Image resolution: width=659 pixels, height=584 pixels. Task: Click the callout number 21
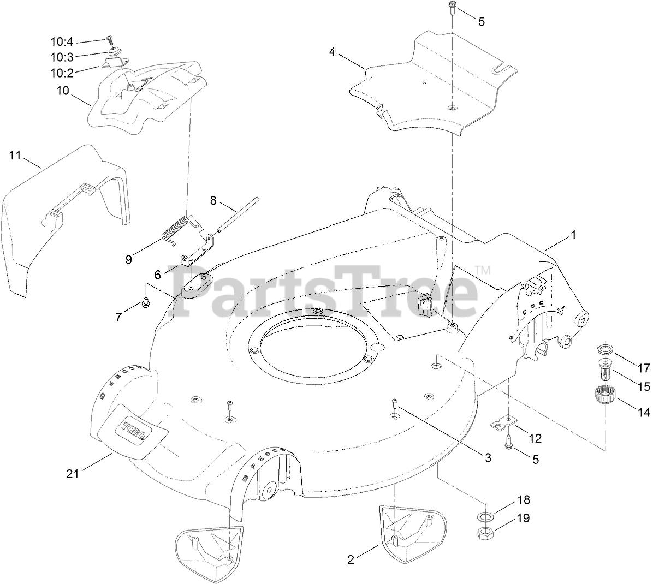73,474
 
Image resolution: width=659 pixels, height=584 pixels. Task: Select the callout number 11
15,156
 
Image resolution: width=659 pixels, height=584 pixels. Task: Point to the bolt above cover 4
453,7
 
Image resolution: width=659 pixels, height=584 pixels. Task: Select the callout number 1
573,235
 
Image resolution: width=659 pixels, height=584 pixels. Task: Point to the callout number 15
644,386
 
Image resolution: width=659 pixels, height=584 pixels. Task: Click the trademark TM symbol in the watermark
483,270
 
